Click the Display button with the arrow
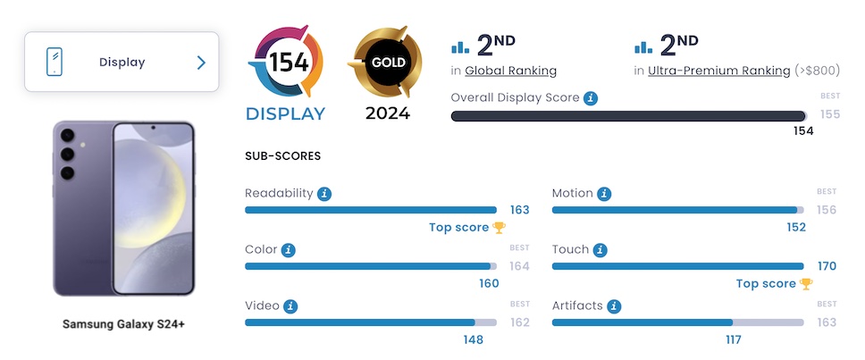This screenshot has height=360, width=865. pyautogui.click(x=122, y=63)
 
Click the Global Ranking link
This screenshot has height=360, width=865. pyautogui.click(x=510, y=71)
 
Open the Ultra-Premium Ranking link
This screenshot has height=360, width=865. pyautogui.click(x=719, y=71)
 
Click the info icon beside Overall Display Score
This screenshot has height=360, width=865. pyautogui.click(x=591, y=97)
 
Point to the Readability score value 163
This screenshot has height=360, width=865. pyautogui.click(x=519, y=210)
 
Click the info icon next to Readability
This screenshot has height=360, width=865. pyautogui.click(x=324, y=193)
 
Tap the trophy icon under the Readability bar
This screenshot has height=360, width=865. pyautogui.click(x=499, y=228)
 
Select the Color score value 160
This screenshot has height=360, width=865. pyautogui.click(x=489, y=284)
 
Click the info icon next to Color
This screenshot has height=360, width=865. pyautogui.click(x=289, y=250)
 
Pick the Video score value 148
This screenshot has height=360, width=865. pyautogui.click(x=473, y=339)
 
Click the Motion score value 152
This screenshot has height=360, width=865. pyautogui.click(x=796, y=228)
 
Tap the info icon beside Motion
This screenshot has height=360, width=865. pyautogui.click(x=605, y=193)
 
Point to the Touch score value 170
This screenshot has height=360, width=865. pyautogui.click(x=827, y=266)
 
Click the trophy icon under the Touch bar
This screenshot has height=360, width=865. pyautogui.click(x=806, y=284)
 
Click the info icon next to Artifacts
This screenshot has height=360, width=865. pyautogui.click(x=614, y=306)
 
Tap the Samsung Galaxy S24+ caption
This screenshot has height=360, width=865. pyautogui.click(x=123, y=323)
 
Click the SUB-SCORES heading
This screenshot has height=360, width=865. pyautogui.click(x=282, y=156)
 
